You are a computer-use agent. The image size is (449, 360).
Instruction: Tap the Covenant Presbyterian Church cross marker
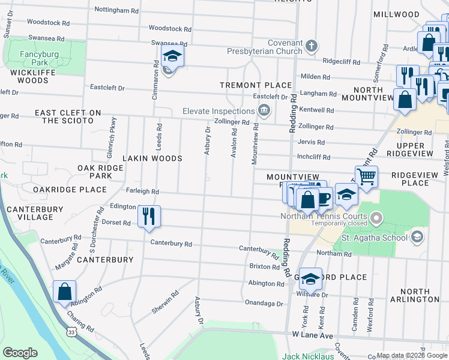(x=311, y=46)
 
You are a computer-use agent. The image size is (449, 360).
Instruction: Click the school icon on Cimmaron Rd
(x=172, y=57)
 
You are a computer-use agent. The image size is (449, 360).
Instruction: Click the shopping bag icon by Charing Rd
(x=64, y=292)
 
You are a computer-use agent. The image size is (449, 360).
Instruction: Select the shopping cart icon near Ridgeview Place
(x=366, y=177)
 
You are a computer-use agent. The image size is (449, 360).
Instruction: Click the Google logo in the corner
(x=20, y=353)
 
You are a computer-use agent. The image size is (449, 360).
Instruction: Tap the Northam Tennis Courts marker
(x=376, y=217)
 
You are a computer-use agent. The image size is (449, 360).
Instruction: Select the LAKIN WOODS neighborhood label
(x=152, y=158)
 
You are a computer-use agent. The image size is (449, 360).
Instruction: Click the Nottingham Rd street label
(x=116, y=10)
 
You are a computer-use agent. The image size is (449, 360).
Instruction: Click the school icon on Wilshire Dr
(x=310, y=278)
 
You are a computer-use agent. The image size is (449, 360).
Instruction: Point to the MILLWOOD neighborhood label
(x=396, y=14)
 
